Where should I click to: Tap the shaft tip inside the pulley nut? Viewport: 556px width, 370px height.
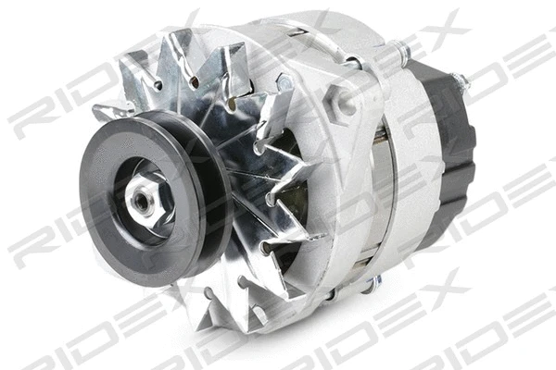pyautogui.click(x=144, y=196)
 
